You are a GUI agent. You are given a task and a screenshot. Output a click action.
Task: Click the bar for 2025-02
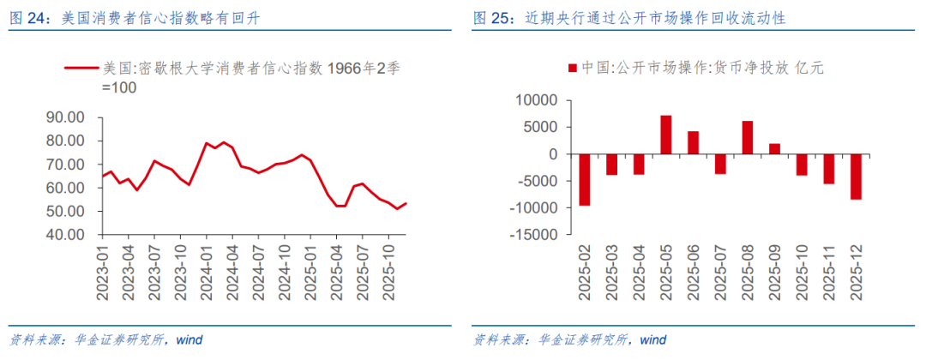click(x=585, y=180)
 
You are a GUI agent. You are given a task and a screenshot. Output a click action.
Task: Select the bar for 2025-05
click(x=666, y=135)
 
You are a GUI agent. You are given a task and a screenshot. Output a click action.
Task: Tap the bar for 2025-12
click(x=855, y=177)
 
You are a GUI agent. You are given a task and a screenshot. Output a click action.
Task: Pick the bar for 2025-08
click(x=748, y=138)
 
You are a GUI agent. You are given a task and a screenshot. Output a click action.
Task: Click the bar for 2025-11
click(x=828, y=169)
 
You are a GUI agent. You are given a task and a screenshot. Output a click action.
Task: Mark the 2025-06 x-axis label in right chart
click(x=693, y=273)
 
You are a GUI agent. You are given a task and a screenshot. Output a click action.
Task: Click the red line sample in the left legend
click(x=81, y=68)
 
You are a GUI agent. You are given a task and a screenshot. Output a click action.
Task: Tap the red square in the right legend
click(x=572, y=68)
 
